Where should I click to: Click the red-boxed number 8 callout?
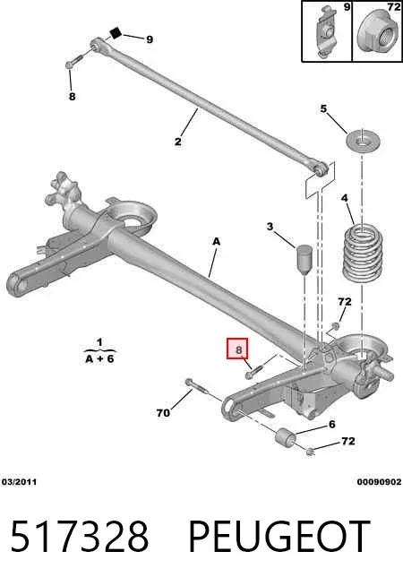(x=237, y=349)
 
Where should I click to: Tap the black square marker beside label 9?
(x=116, y=33)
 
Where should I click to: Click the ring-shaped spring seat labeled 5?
(x=361, y=142)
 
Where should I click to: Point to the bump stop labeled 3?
(x=305, y=259)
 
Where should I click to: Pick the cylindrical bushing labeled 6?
(x=286, y=437)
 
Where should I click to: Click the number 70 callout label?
(x=163, y=412)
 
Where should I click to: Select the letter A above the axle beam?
(x=216, y=241)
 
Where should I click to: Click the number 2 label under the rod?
(x=178, y=142)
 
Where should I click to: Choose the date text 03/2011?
(x=20, y=482)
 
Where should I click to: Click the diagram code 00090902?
(x=379, y=482)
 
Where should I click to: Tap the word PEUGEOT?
(x=279, y=537)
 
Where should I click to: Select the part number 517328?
(x=80, y=537)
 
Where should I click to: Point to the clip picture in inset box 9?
(x=326, y=32)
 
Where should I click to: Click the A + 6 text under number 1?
(x=99, y=358)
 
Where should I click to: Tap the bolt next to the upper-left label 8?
(x=75, y=61)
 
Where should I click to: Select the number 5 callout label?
(x=323, y=108)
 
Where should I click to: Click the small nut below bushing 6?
(x=310, y=452)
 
